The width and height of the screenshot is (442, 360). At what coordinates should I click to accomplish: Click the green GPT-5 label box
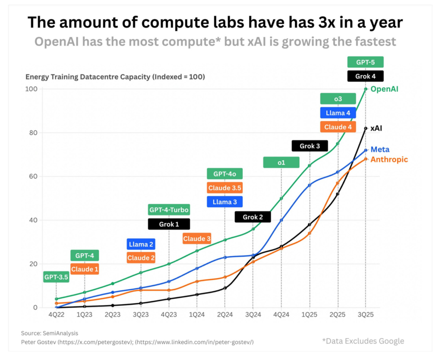tap(365, 62)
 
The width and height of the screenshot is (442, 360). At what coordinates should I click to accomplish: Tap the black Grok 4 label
tap(365, 76)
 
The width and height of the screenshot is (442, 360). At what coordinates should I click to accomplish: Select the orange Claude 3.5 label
tap(224, 188)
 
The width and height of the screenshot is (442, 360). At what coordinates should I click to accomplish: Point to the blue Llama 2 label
tap(141, 244)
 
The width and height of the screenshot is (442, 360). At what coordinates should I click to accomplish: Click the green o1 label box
tap(281, 162)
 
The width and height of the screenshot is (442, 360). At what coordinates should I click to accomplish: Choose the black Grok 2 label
tap(253, 217)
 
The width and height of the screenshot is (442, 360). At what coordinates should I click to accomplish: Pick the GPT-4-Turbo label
tap(169, 210)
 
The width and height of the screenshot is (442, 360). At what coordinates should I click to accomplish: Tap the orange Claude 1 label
tap(85, 269)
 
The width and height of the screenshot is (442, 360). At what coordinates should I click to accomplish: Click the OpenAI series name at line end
tap(384, 89)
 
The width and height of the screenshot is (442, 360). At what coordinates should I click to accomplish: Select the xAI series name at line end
tap(376, 128)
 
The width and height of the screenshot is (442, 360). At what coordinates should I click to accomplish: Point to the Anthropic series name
tap(389, 159)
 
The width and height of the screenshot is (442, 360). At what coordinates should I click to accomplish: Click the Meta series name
tap(380, 149)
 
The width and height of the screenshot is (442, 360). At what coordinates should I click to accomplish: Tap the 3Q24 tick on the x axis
tap(253, 315)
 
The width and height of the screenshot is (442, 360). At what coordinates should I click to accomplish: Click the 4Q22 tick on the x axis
tap(57, 315)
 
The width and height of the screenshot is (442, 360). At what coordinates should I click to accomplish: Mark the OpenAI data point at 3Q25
tap(366, 89)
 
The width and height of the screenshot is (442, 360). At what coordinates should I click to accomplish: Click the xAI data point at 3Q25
tap(366, 128)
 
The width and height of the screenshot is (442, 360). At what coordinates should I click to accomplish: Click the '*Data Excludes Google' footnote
tap(363, 341)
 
